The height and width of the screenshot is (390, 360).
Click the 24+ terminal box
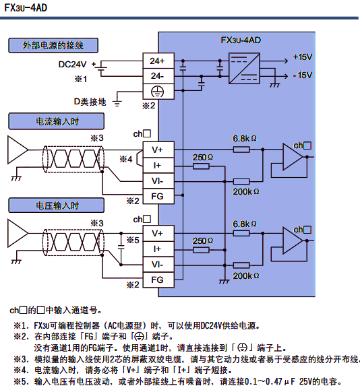(x=156, y=61)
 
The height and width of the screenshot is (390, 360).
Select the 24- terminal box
(x=156, y=75)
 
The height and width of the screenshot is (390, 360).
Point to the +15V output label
(x=303, y=57)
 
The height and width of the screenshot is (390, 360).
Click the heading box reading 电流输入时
(x=57, y=121)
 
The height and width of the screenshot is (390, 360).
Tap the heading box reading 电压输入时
(x=57, y=205)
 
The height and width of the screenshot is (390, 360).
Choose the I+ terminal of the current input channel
(x=156, y=165)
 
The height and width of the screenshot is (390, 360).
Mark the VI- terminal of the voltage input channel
(x=156, y=264)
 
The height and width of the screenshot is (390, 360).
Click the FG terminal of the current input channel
(x=156, y=196)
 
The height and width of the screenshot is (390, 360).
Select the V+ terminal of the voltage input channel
(x=156, y=233)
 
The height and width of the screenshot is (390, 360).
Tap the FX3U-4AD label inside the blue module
(x=241, y=40)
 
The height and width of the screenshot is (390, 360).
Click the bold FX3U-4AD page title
(x=28, y=8)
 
